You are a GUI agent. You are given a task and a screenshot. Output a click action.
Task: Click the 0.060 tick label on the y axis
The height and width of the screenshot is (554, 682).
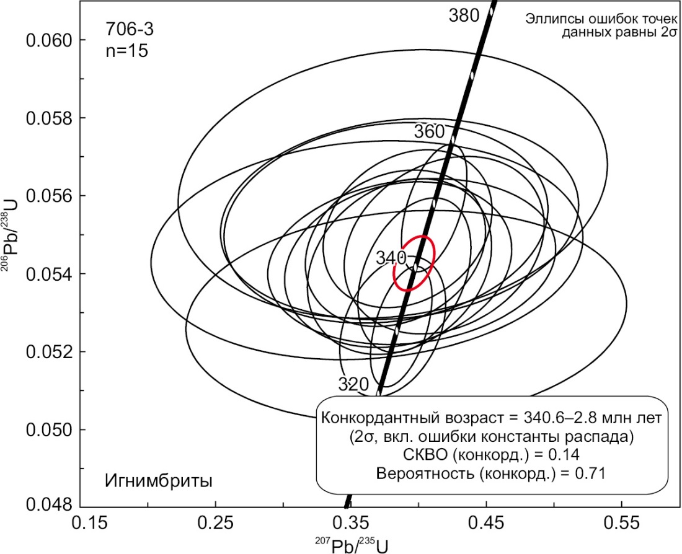point(48,40)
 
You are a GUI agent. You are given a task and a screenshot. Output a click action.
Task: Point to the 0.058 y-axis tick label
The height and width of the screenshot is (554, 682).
point(48,118)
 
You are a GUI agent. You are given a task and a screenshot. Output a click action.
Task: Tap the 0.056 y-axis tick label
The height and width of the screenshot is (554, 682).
point(48,196)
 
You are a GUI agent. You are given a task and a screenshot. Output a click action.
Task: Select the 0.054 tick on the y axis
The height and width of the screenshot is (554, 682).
point(48,274)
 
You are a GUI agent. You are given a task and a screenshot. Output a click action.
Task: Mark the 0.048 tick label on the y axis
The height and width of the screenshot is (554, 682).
point(48,504)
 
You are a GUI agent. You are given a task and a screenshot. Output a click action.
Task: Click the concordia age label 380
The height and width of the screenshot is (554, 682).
point(464,15)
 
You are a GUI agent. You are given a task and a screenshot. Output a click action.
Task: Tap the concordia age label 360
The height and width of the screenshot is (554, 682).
point(429,132)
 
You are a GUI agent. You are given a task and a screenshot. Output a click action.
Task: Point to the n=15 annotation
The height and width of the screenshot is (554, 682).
point(126,51)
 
